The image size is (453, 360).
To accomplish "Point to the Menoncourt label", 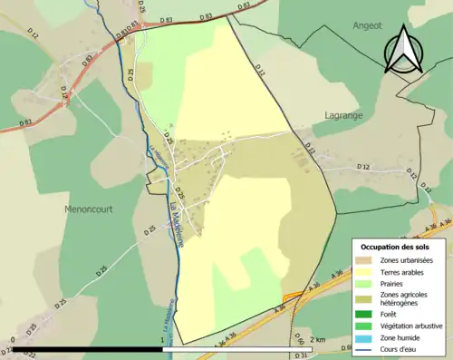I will point(90,209).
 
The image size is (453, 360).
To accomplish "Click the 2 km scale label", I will point(316,338).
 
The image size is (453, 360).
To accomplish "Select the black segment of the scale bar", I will point(88,348).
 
